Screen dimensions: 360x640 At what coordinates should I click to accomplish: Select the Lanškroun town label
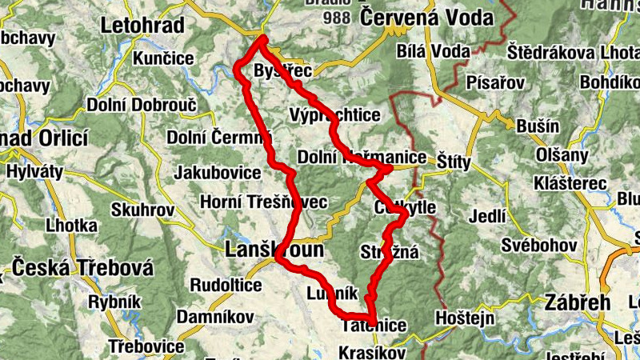(274, 250)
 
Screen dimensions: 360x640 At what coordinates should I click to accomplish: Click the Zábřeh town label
(576, 302)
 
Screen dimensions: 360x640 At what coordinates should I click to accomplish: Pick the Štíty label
(455, 161)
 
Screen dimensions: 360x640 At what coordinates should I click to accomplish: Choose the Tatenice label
(374, 326)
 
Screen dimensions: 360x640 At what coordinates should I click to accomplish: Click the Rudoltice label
(226, 285)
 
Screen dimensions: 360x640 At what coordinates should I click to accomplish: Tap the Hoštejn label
(461, 318)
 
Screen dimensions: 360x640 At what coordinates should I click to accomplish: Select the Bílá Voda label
(433, 51)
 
